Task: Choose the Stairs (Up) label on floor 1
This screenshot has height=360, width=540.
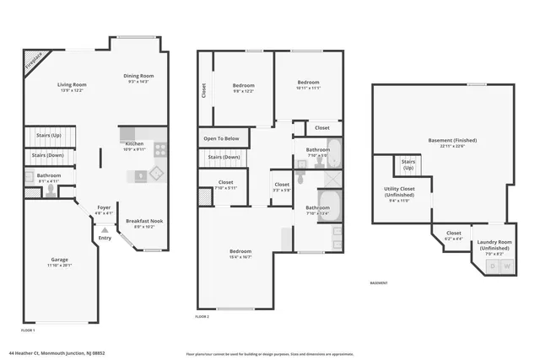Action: point(48,135)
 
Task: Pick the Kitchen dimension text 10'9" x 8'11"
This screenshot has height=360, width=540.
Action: point(134,149)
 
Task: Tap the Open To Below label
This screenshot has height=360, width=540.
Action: point(221,138)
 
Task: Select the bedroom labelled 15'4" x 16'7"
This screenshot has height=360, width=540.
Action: point(240,255)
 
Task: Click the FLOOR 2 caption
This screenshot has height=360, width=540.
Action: point(202,316)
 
